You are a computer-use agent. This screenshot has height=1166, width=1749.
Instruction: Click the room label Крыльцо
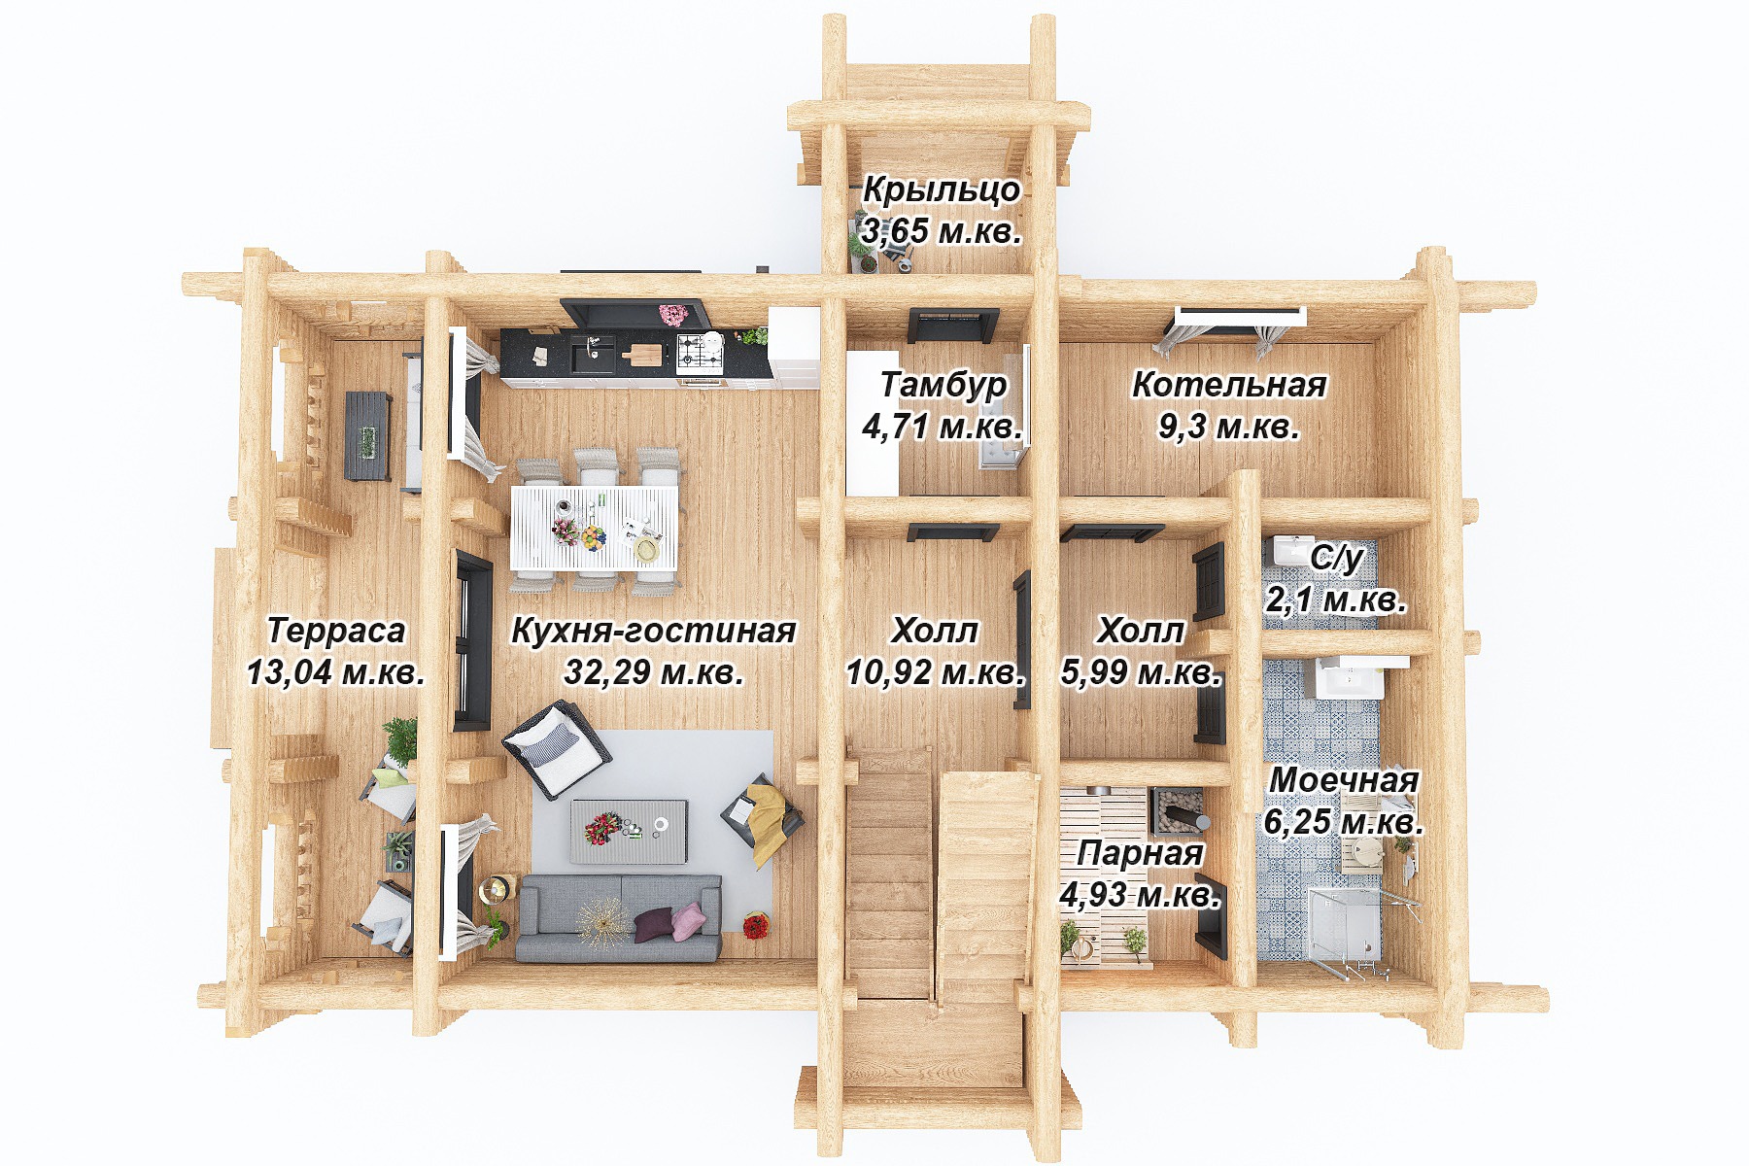942,189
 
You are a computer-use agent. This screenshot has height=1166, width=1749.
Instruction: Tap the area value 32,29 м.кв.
654,671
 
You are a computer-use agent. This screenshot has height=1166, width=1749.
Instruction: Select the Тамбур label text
943,385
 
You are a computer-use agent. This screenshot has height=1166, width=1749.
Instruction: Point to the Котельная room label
1229,385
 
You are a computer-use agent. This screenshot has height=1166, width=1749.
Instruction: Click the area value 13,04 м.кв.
335,671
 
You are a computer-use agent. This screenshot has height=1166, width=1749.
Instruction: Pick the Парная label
1140,854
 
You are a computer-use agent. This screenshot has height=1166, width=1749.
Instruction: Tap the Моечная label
1344,779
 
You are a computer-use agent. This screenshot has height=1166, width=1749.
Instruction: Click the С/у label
1337,558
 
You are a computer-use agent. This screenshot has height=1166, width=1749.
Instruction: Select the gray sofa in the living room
619,917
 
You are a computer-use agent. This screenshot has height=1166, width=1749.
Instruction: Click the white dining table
594,529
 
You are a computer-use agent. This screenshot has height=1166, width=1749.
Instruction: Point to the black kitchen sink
592,355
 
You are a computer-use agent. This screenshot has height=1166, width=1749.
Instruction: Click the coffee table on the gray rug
630,832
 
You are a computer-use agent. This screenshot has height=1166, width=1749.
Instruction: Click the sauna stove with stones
1180,810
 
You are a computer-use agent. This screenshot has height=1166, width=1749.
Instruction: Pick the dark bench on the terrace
368,436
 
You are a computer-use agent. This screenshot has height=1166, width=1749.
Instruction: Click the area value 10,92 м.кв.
936,671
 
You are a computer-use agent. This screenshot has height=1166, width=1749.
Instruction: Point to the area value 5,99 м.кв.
1141,671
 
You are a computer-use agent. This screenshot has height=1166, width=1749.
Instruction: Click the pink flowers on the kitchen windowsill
671,314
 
